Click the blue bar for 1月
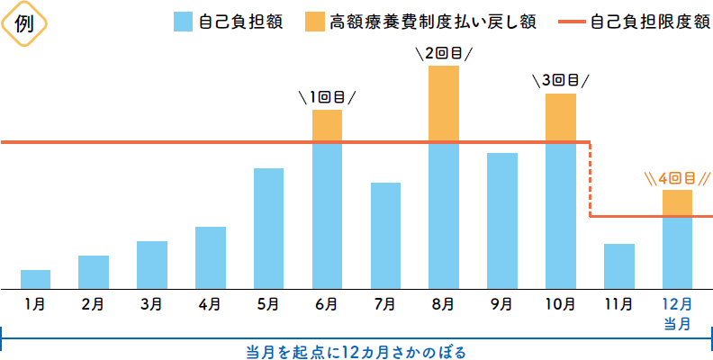pos(35,279)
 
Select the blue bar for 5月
pos(268,228)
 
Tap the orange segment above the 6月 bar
pos(327,126)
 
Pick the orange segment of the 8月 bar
pos(444,103)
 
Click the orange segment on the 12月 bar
pos(677,203)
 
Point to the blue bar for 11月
pos(619,265)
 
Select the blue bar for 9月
pos(502,220)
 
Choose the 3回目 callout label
pos(561,80)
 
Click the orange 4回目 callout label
pos(677,177)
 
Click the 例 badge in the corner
pos(25,24)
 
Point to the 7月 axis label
pos(384,304)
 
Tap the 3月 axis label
pos(151,304)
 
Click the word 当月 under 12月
pos(677,322)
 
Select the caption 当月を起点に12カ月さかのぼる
pos(357,349)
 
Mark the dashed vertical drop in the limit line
pos(590,179)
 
